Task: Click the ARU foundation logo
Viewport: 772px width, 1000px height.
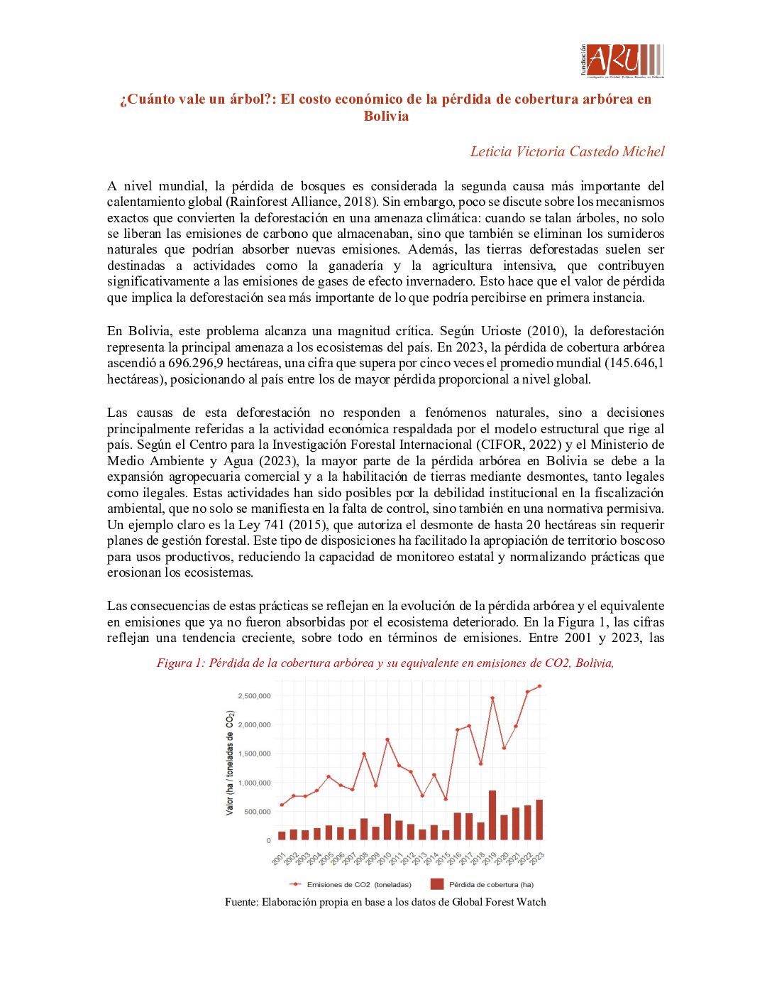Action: [x=622, y=61]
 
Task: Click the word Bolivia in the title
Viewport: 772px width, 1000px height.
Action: [x=386, y=116]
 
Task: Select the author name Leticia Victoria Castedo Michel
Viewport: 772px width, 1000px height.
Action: [x=567, y=151]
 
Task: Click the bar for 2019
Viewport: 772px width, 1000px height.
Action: [x=492, y=815]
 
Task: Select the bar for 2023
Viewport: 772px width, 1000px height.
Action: [x=539, y=820]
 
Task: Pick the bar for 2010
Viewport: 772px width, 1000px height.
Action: [x=387, y=827]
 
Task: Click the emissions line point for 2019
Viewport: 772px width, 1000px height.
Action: [x=492, y=698]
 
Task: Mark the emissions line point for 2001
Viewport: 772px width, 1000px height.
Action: [x=282, y=805]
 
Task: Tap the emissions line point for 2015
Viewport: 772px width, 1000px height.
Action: [x=446, y=799]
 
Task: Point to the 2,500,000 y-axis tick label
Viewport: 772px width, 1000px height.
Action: [x=254, y=696]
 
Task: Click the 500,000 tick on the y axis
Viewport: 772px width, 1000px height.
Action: [x=258, y=812]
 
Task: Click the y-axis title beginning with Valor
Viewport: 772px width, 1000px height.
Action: [x=230, y=763]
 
